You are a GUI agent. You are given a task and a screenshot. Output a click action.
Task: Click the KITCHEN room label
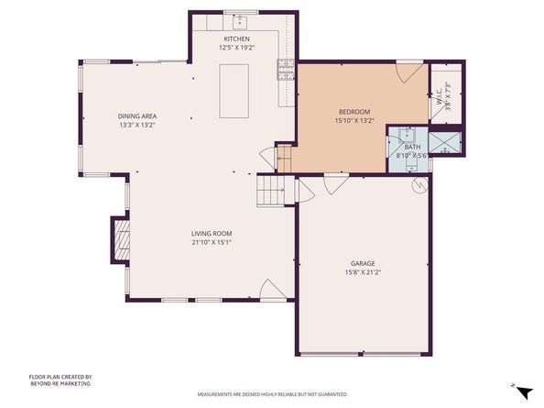point(235,39)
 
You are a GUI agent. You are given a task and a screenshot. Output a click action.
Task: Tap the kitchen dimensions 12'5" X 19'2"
point(235,47)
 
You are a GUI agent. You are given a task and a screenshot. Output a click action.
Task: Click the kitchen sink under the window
point(242,19)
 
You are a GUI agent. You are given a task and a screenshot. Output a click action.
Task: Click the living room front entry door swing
point(272,292)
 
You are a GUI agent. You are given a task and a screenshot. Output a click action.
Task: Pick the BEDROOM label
point(354,111)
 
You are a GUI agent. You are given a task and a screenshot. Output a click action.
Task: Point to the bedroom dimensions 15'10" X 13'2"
point(354,119)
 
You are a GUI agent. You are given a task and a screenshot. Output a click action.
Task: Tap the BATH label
point(413,147)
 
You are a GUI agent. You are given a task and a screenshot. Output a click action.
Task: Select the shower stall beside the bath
point(445,142)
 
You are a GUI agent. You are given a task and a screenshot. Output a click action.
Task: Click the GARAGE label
point(363,262)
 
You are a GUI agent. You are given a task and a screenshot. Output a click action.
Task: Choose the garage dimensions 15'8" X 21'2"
point(363,271)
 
